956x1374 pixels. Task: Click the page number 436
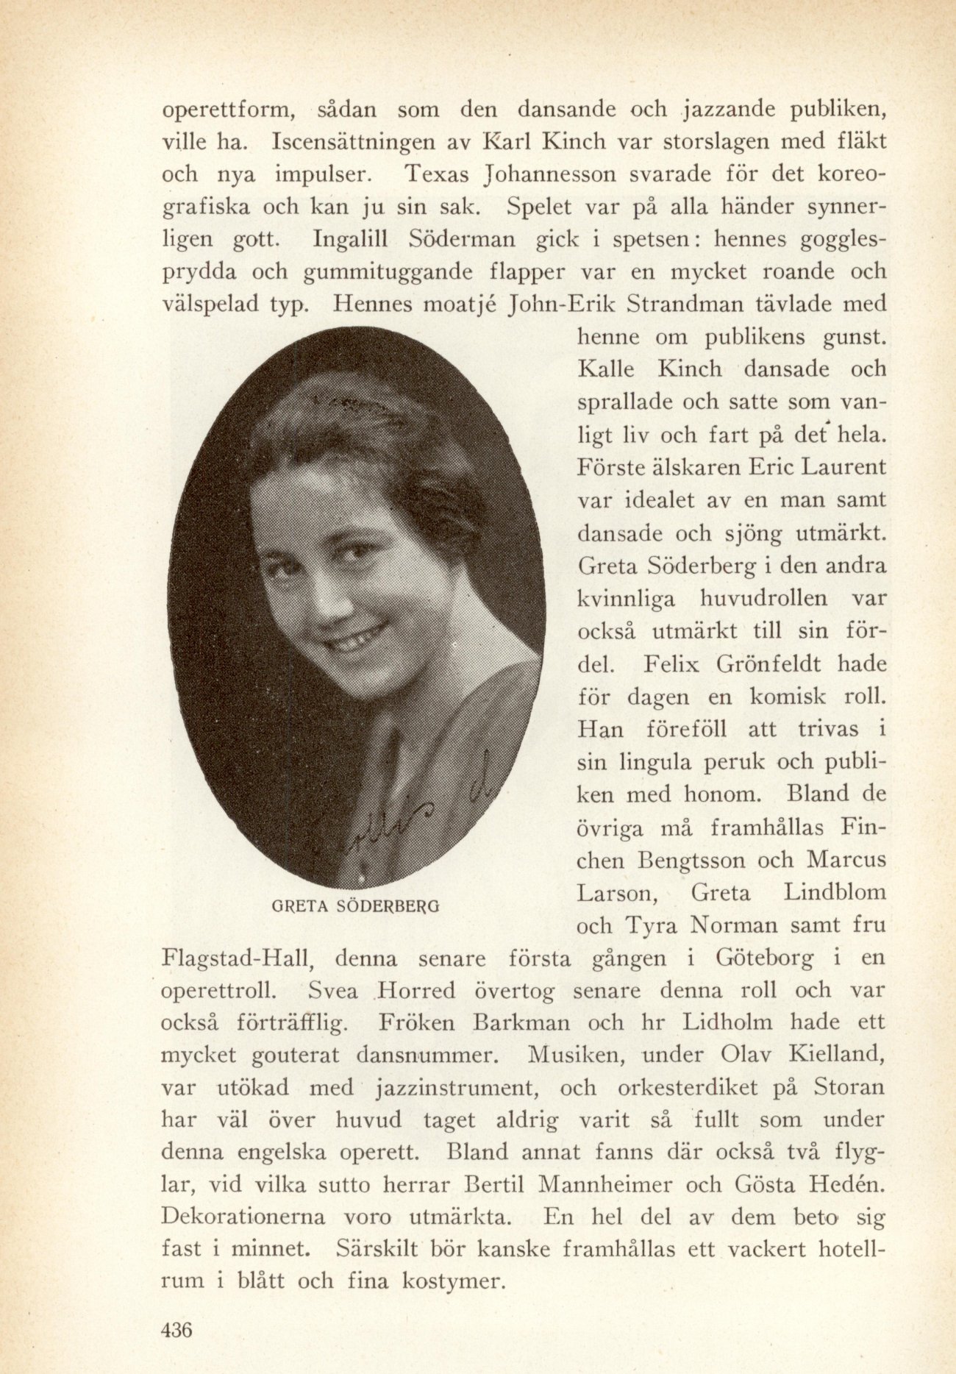(176, 1330)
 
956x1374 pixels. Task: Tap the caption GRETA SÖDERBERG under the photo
(356, 905)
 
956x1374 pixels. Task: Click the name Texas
(440, 175)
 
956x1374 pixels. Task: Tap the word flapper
(526, 272)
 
